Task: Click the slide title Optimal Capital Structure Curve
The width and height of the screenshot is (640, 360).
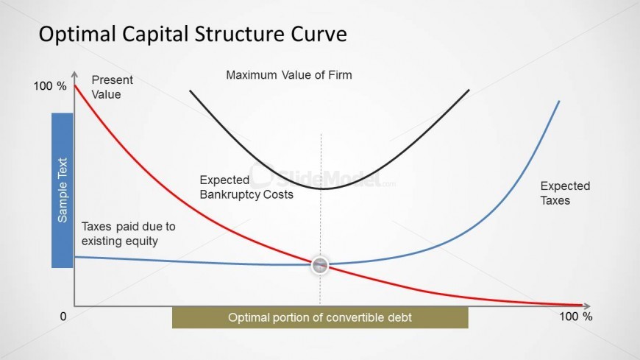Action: (x=193, y=34)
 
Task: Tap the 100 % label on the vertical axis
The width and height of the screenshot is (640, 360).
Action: (x=50, y=86)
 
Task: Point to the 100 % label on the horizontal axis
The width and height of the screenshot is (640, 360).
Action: (x=575, y=317)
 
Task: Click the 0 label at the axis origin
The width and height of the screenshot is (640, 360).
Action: (x=63, y=317)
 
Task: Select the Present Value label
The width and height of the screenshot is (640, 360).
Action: (x=112, y=87)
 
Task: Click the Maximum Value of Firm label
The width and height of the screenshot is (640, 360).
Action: (x=289, y=75)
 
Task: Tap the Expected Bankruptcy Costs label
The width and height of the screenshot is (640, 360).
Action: (x=246, y=187)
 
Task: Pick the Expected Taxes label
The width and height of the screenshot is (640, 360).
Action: (x=565, y=193)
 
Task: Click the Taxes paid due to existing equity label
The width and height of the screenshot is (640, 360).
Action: (x=128, y=233)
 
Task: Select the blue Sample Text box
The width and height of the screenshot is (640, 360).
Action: (x=62, y=191)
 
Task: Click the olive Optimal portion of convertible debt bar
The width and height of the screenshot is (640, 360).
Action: (x=320, y=317)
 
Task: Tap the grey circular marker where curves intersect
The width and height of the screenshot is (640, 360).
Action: (x=320, y=265)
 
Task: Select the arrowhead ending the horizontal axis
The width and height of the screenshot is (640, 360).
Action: (x=587, y=306)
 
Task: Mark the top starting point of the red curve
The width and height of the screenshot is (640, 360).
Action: (x=75, y=85)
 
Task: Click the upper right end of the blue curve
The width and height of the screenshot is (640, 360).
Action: (x=559, y=101)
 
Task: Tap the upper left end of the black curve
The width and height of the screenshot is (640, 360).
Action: (x=191, y=91)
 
